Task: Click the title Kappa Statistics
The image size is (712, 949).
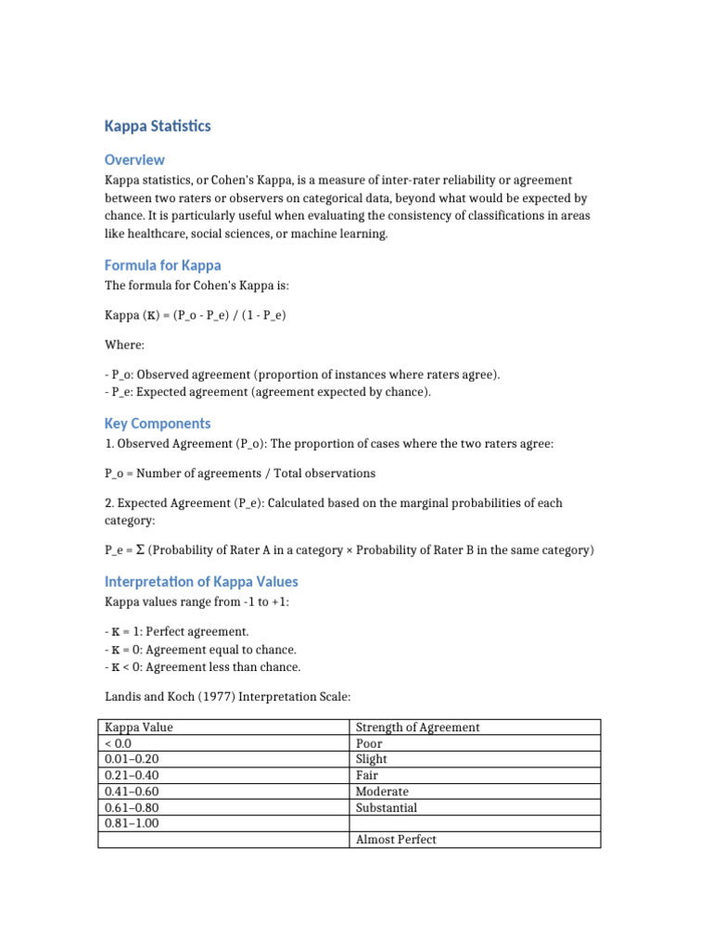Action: tap(158, 125)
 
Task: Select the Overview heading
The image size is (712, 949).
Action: tap(134, 159)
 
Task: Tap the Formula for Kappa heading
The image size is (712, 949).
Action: tap(163, 265)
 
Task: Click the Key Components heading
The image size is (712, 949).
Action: tap(158, 424)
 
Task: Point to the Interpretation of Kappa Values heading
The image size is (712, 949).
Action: tap(201, 582)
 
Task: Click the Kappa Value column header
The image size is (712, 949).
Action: tap(138, 728)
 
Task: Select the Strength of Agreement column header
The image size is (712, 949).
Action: tap(417, 728)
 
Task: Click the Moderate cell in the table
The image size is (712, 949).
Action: tap(382, 791)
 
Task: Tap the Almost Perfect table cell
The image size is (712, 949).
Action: tap(396, 840)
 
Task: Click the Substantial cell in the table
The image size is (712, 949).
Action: tap(387, 808)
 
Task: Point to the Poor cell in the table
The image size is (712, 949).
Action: tap(369, 743)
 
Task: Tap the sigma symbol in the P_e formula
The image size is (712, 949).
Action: tap(140, 550)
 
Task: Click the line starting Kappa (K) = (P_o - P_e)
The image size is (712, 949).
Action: tap(195, 315)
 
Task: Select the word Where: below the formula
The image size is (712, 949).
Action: tap(124, 345)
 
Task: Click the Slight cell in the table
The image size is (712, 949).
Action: tap(372, 759)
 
